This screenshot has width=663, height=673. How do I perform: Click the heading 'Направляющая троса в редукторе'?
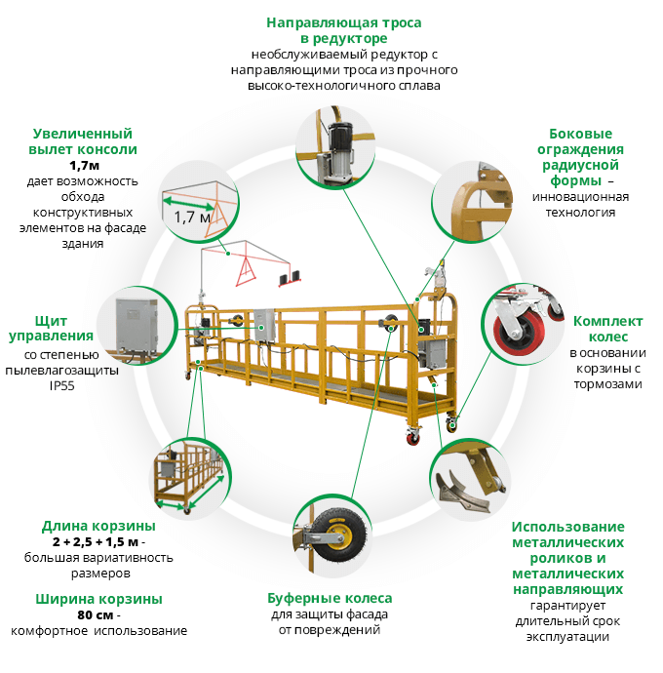(342, 30)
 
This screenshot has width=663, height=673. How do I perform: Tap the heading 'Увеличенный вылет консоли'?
(83, 141)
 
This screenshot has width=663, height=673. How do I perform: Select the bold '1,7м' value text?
(83, 166)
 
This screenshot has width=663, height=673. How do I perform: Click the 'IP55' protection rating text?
(61, 385)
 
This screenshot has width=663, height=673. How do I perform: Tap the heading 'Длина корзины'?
(98, 525)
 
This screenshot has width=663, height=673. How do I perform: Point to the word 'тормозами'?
(607, 383)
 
